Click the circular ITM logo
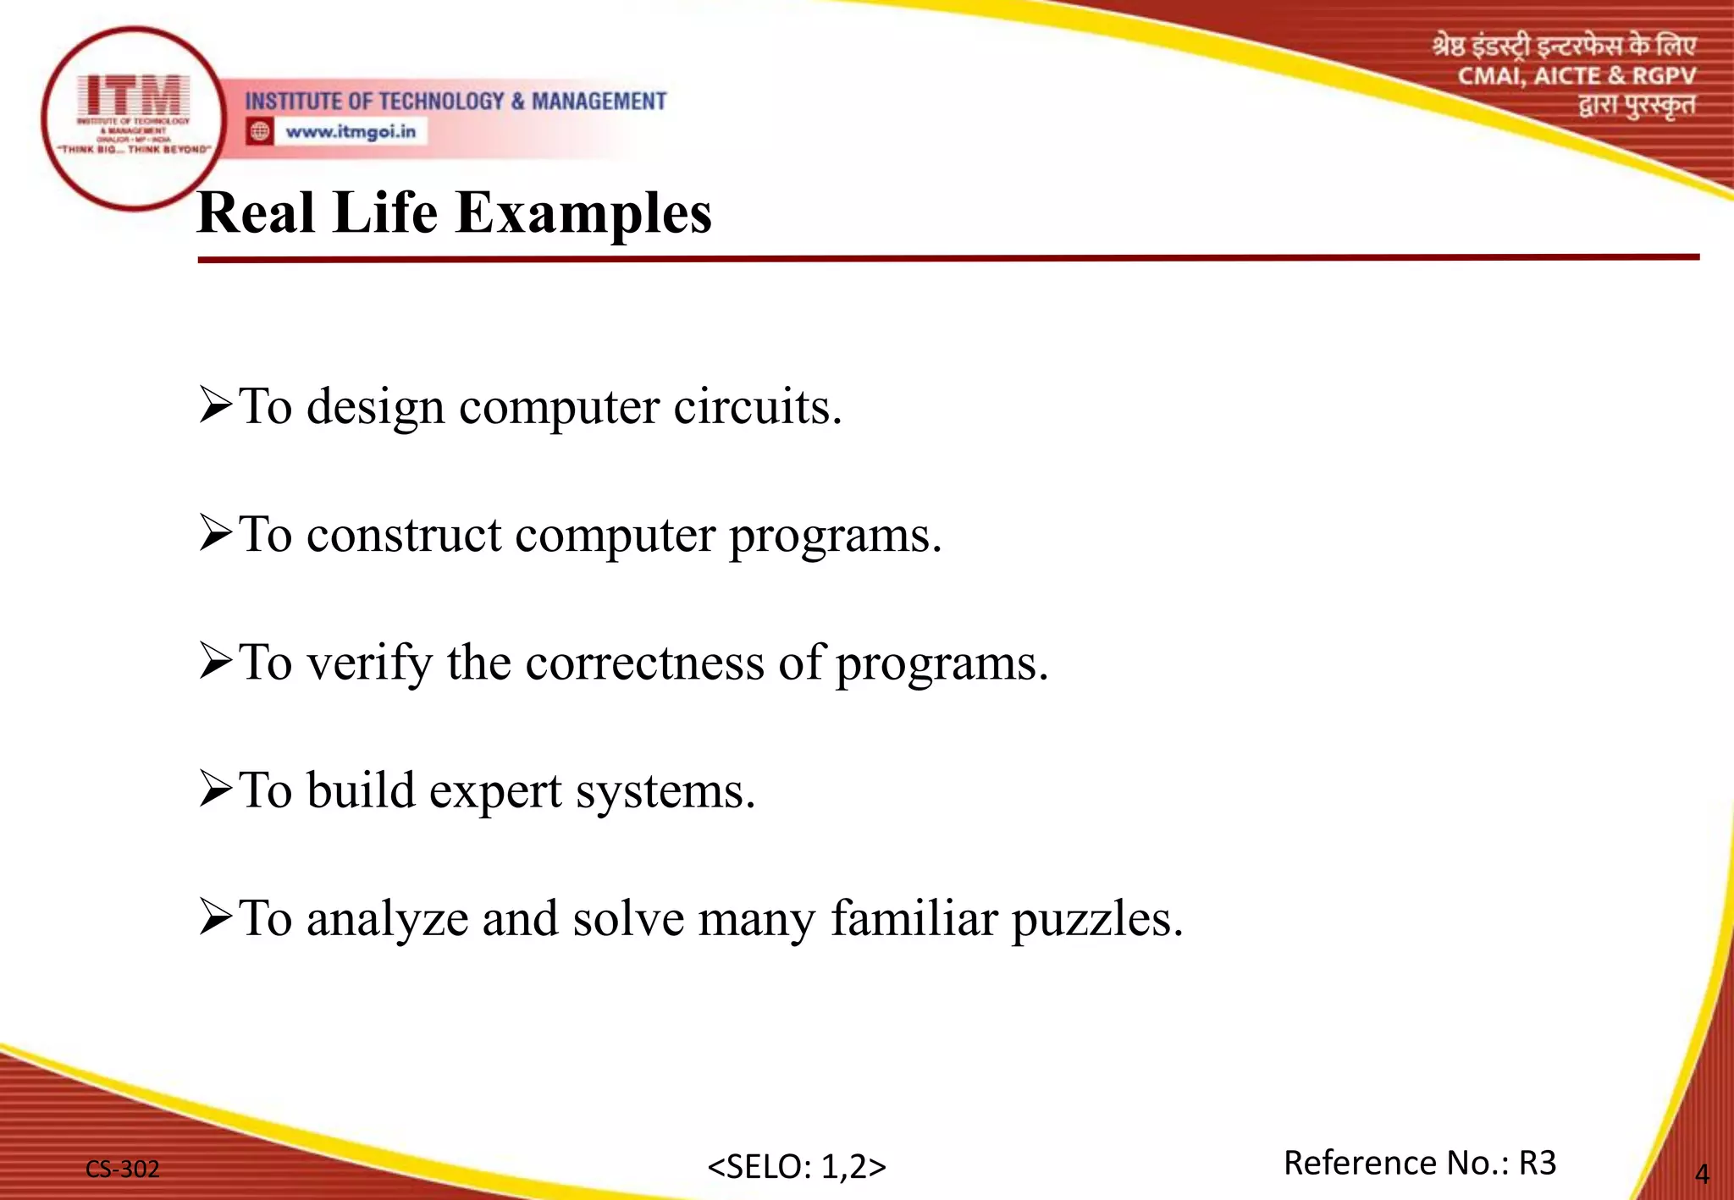pos(133,118)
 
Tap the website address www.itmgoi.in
pos(351,132)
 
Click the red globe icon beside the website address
pos(260,131)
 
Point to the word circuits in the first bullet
pos(757,407)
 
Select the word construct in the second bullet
pos(404,536)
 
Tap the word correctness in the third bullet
pos(644,663)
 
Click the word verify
pos(369,664)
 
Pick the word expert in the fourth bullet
pos(495,792)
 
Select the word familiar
pos(914,918)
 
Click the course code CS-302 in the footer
pos(123,1169)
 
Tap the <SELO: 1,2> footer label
pos(796,1166)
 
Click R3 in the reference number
pos(1537,1163)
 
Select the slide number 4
pos(1701,1174)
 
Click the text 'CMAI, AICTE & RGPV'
pos(1576,76)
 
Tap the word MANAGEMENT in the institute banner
pos(599,102)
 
